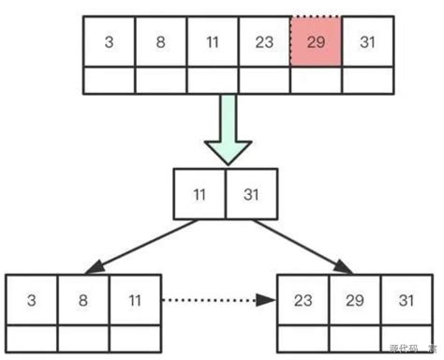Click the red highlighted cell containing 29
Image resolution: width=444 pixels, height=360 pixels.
click(317, 43)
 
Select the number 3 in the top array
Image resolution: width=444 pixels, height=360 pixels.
click(110, 43)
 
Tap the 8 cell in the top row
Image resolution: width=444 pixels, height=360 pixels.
click(161, 43)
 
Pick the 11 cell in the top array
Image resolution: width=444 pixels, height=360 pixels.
click(213, 43)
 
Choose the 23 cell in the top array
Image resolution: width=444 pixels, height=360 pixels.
click(264, 43)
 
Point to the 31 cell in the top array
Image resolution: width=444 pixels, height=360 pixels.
click(368, 43)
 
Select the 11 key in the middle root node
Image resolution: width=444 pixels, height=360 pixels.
click(200, 194)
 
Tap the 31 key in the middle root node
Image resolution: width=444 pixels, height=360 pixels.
click(251, 194)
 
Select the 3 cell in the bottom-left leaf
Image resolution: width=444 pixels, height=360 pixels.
click(32, 300)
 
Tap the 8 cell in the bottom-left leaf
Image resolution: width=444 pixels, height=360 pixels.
click(83, 300)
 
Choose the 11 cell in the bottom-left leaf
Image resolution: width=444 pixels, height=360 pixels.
click(135, 300)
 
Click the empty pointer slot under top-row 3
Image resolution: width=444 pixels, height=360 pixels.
click(110, 81)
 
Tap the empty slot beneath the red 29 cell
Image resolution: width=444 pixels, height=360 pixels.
click(317, 81)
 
